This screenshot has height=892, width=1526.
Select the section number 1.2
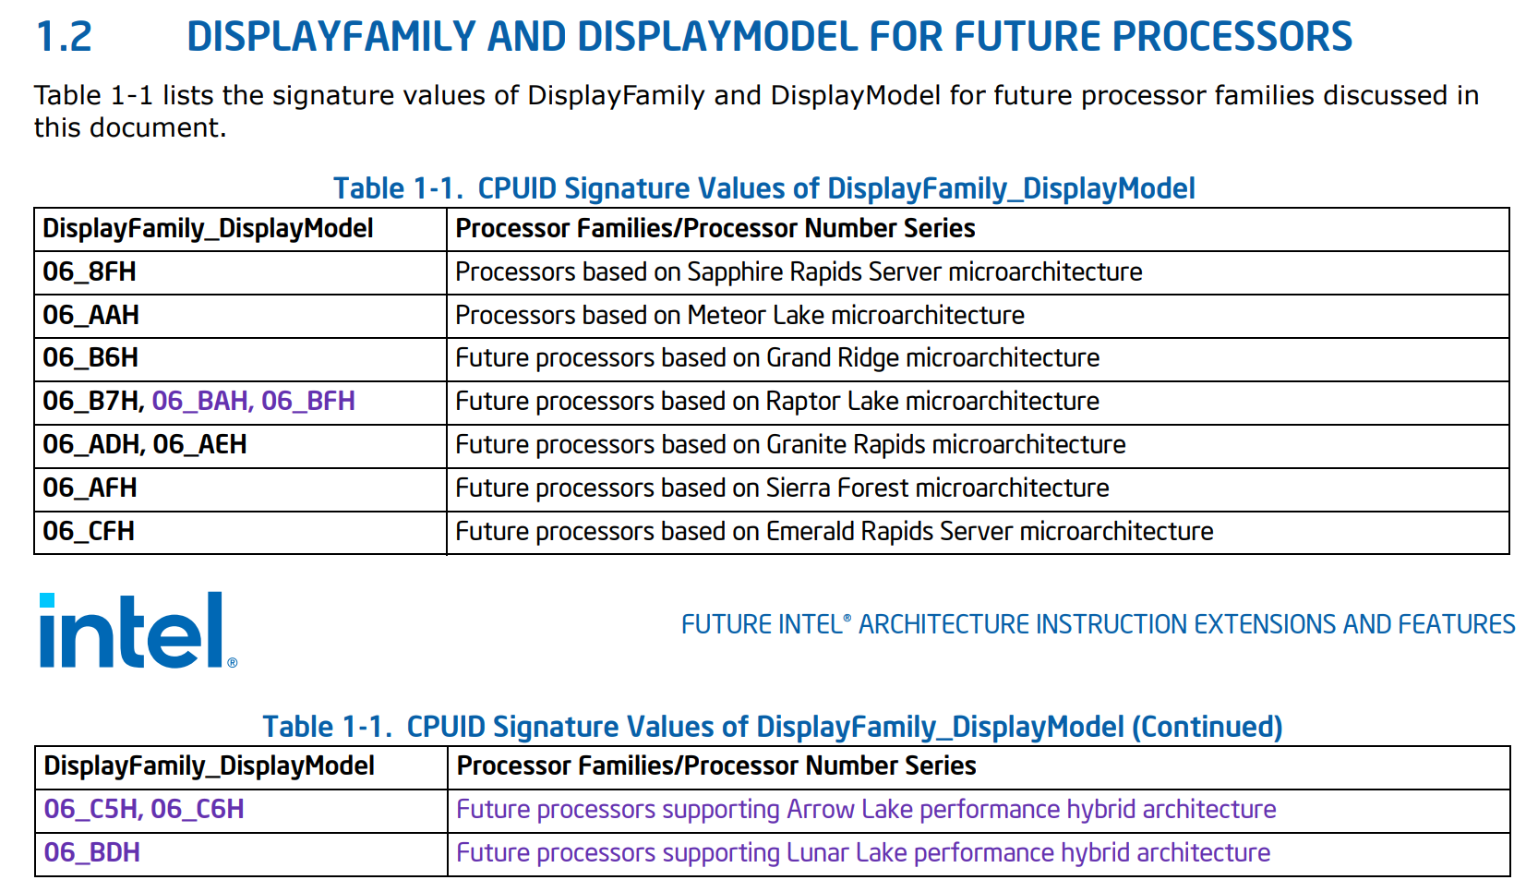coord(64,37)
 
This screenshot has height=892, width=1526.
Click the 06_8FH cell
coord(90,272)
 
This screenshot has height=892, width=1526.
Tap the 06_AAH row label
coord(90,316)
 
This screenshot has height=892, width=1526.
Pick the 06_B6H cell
coord(90,358)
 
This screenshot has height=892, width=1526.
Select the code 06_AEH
coord(199,445)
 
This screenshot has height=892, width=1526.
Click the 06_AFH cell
coord(90,488)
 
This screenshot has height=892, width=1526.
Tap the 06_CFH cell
coord(89,532)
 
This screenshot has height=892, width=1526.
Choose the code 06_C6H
coord(197,810)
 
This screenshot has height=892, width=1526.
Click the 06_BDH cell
coord(91,853)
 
